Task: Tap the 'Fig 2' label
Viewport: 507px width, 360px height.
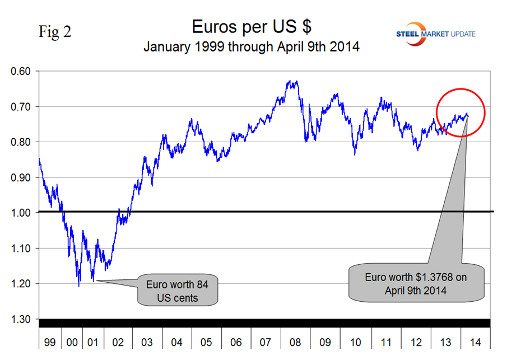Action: coord(55,32)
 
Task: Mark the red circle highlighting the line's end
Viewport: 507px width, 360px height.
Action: coord(461,113)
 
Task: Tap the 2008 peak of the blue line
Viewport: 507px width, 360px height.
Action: coord(291,82)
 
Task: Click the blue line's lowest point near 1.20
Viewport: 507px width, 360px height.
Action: coord(79,286)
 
